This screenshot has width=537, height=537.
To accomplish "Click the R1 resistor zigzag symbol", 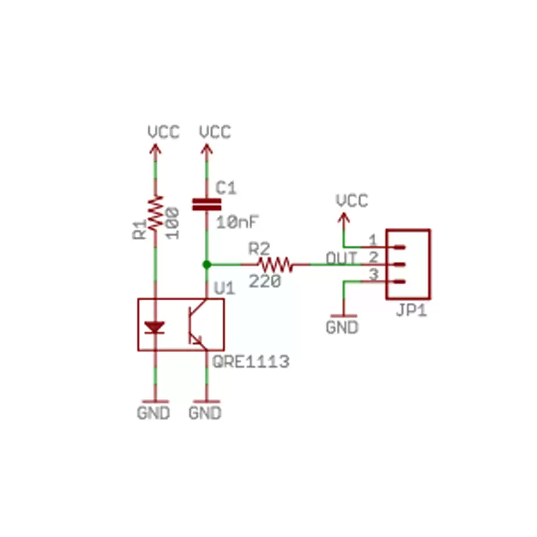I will (x=156, y=214).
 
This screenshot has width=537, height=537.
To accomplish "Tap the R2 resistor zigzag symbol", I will (x=275, y=264).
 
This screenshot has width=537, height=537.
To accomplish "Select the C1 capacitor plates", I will (x=207, y=205).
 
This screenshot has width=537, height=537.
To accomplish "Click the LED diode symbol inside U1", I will (x=156, y=327).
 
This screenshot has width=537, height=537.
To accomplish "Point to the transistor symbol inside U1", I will (x=197, y=324).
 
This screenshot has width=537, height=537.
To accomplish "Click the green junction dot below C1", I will (x=206, y=264).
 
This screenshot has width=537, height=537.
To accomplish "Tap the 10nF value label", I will (x=237, y=221).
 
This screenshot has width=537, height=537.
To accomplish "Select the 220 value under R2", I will (x=265, y=280).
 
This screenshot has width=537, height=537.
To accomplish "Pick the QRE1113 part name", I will (x=251, y=362).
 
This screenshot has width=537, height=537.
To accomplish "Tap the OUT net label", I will (x=342, y=258).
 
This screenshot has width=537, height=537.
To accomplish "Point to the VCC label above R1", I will (x=163, y=132).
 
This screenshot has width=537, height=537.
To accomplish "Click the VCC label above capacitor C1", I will (x=215, y=132).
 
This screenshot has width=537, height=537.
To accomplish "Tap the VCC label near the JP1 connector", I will (x=352, y=201).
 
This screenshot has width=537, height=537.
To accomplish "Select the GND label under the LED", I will (x=154, y=413).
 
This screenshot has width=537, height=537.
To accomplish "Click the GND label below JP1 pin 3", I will (x=342, y=327).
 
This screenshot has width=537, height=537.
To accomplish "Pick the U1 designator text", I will (x=224, y=288).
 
